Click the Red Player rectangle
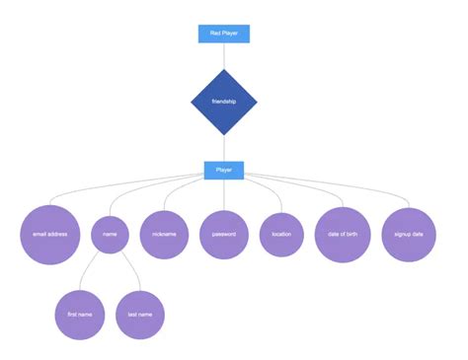click(224, 33)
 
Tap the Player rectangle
click(224, 170)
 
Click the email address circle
click(49, 235)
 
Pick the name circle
click(110, 235)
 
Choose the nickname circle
click(164, 235)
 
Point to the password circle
click(224, 235)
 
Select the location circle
click(281, 235)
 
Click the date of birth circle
click(343, 235)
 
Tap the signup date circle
click(409, 235)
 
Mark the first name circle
click(80, 315)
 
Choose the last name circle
click(139, 315)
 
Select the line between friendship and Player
click(224, 149)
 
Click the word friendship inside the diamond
click(224, 102)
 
